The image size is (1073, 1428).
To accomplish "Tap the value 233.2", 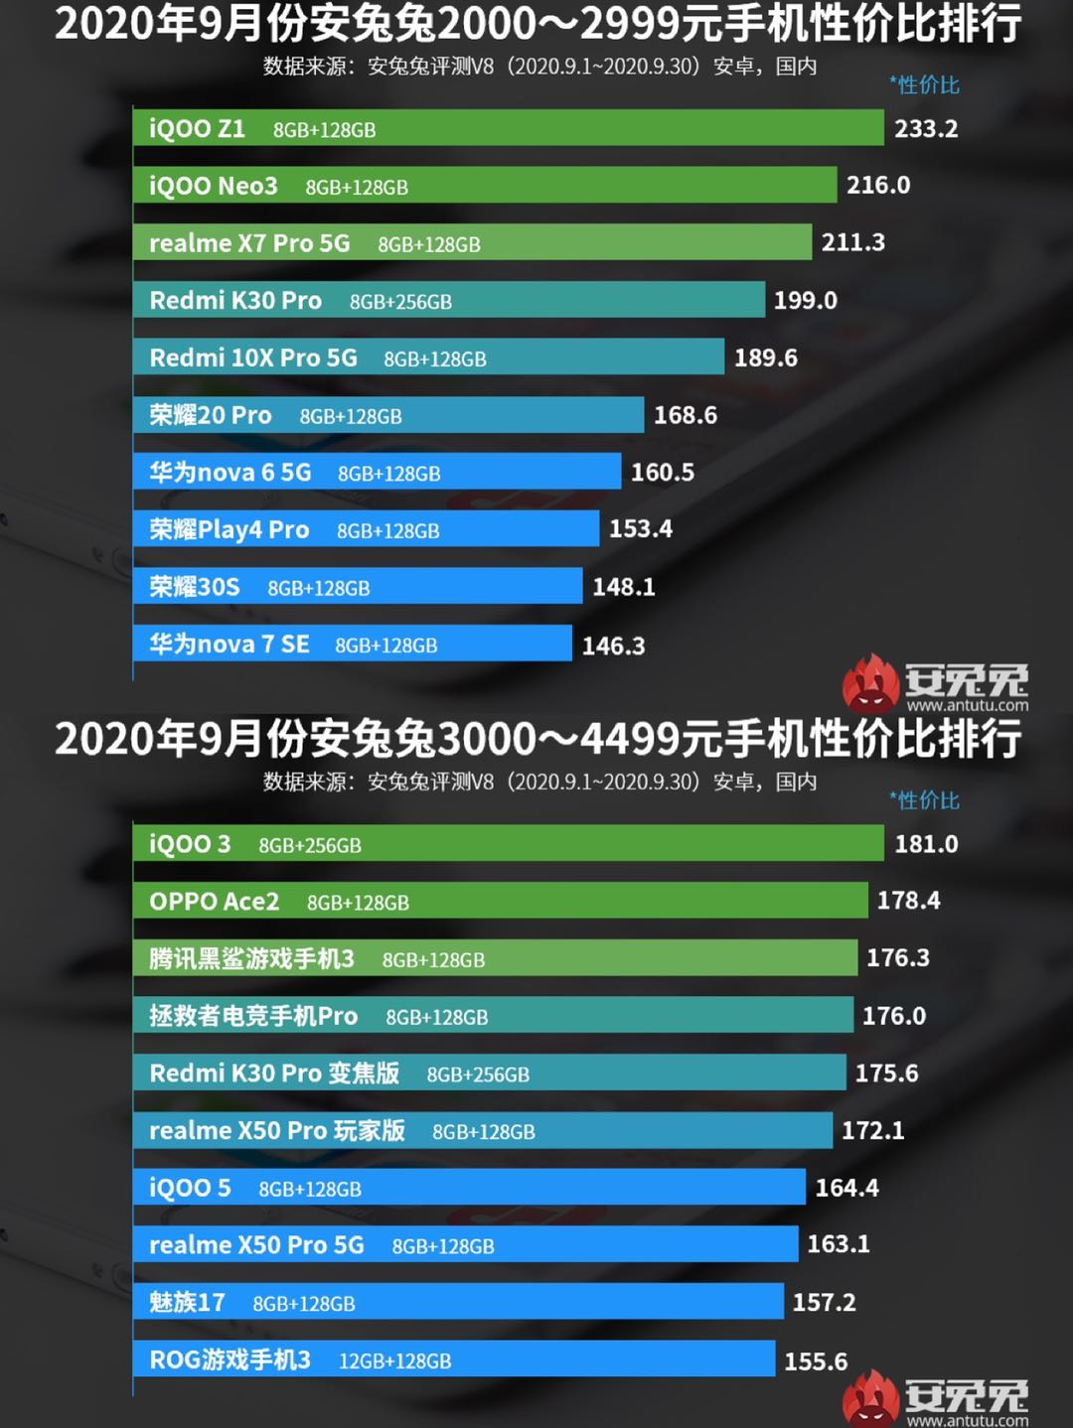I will coord(926,129).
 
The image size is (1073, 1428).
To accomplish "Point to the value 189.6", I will coord(765,357).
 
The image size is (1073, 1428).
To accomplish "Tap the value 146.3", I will coord(613,645).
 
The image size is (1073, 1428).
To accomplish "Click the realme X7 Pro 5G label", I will coord(249,243).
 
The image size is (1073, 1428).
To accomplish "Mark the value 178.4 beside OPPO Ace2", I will coord(908,901).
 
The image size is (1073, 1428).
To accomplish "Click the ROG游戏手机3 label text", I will coord(230,1359).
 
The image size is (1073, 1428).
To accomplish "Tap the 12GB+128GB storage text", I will coord(394,1361).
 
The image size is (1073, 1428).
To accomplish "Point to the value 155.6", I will coord(816,1361).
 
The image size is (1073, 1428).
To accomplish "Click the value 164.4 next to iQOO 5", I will coord(846,1188).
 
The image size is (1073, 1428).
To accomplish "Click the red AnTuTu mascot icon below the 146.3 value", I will coord(870,684).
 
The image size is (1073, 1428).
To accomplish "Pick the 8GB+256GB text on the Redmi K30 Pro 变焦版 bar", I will coord(478,1074).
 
